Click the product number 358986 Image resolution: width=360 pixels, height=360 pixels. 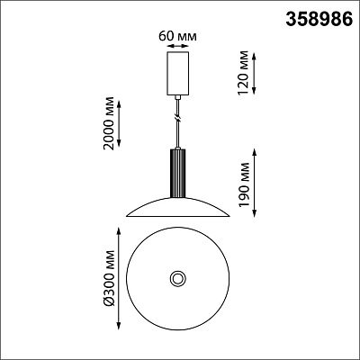click(319, 20)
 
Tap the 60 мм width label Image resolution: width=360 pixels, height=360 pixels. click(177, 36)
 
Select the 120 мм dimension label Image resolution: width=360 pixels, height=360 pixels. click(243, 73)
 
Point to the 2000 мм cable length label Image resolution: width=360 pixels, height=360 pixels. click(109, 123)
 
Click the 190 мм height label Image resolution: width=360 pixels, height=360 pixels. click(243, 184)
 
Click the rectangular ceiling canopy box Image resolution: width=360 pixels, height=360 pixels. click(178, 74)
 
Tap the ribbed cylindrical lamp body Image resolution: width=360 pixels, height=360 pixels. click(178, 174)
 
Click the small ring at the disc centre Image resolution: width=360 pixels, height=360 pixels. click(178, 278)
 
